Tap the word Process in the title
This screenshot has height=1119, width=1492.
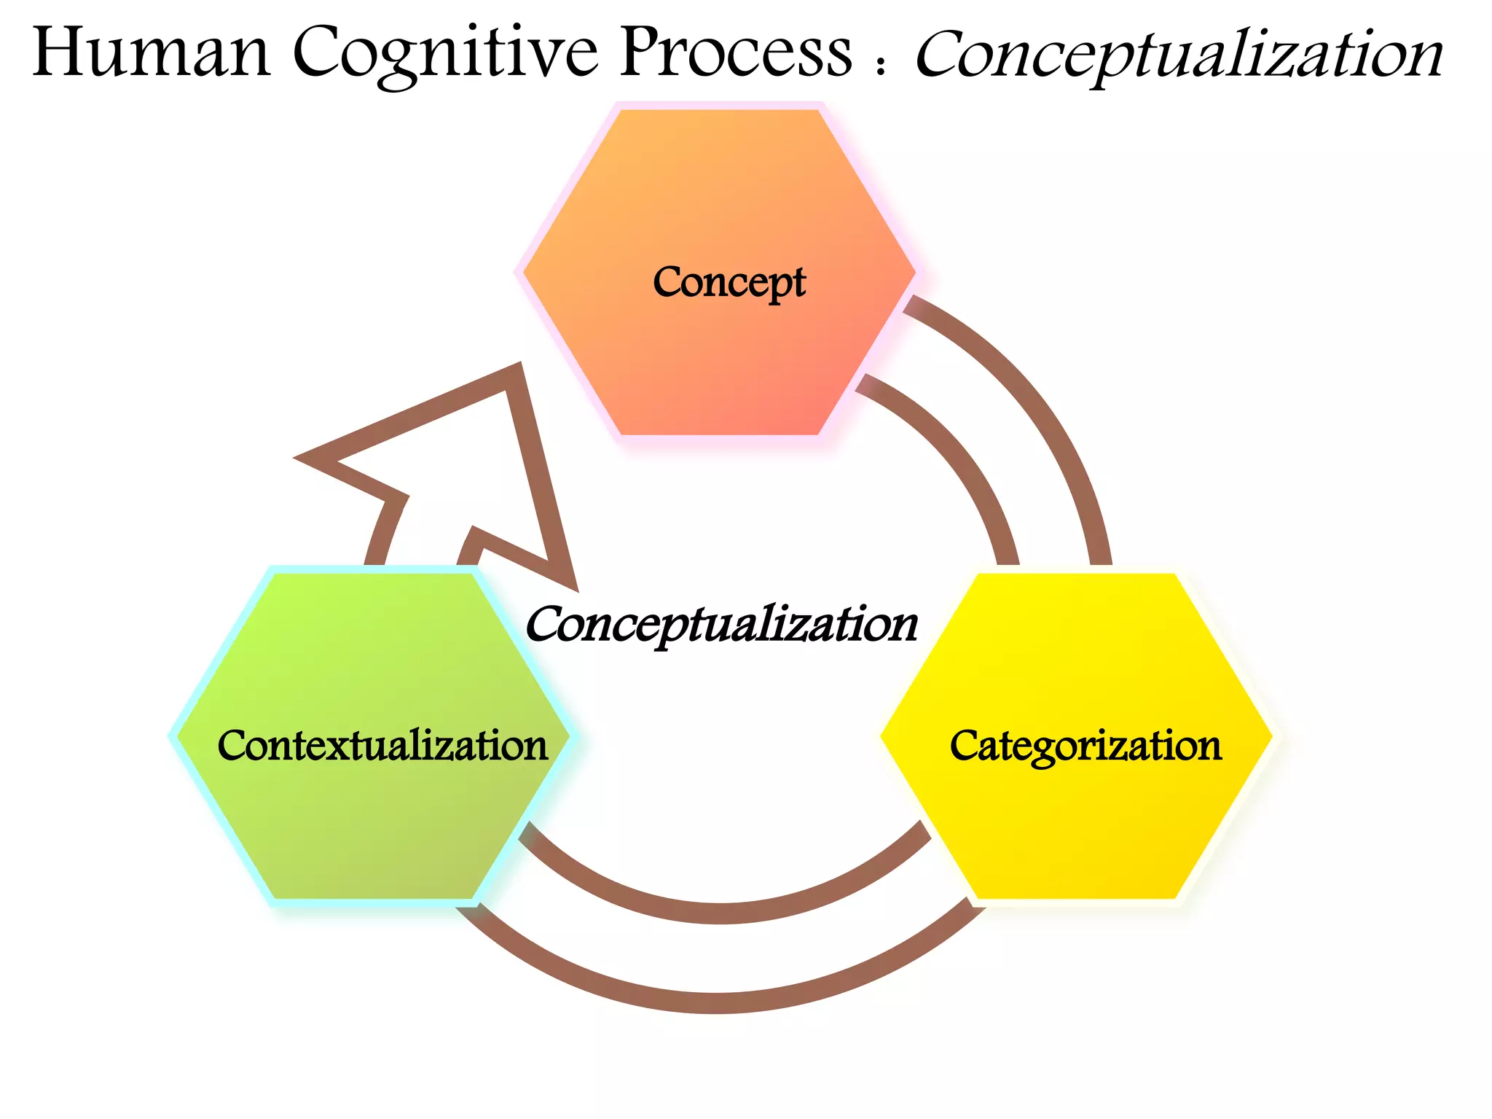736,52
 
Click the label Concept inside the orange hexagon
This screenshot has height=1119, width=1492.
729,282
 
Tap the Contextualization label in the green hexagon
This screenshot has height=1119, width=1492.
382,746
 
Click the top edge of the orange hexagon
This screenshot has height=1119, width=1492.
720,109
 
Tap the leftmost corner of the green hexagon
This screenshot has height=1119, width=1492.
175,736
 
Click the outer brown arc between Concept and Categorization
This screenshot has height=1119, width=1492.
1049,408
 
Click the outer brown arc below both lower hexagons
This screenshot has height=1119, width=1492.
718,1003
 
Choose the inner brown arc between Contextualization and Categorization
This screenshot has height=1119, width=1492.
721,913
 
